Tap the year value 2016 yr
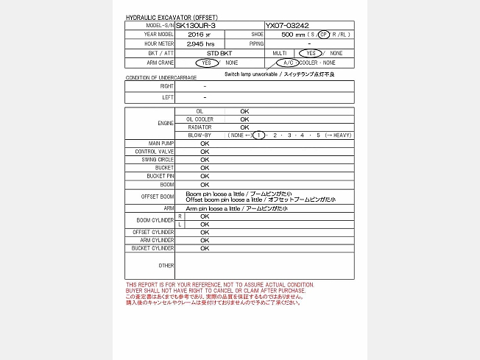click(x=199, y=35)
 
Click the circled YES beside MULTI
click(x=310, y=54)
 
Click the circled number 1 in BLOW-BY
click(x=258, y=136)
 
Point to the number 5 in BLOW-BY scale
click(x=318, y=136)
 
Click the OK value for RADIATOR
click(x=244, y=127)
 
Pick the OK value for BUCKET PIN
click(x=205, y=176)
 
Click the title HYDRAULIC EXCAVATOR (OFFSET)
click(x=172, y=17)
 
